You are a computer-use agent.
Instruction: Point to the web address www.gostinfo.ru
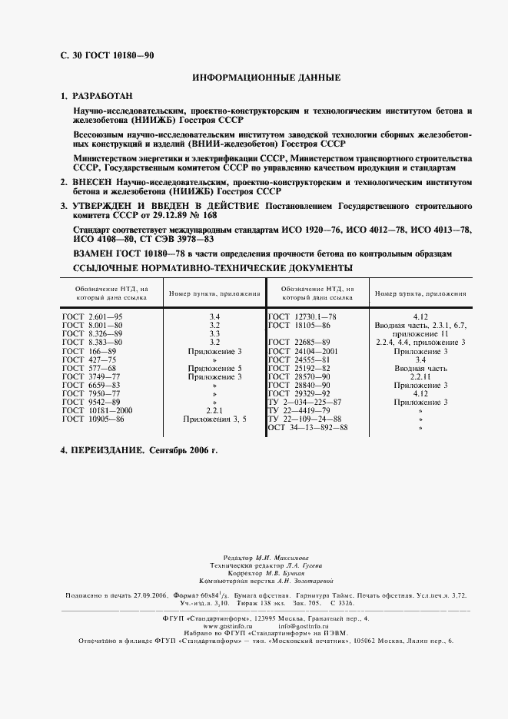click(206, 626)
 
